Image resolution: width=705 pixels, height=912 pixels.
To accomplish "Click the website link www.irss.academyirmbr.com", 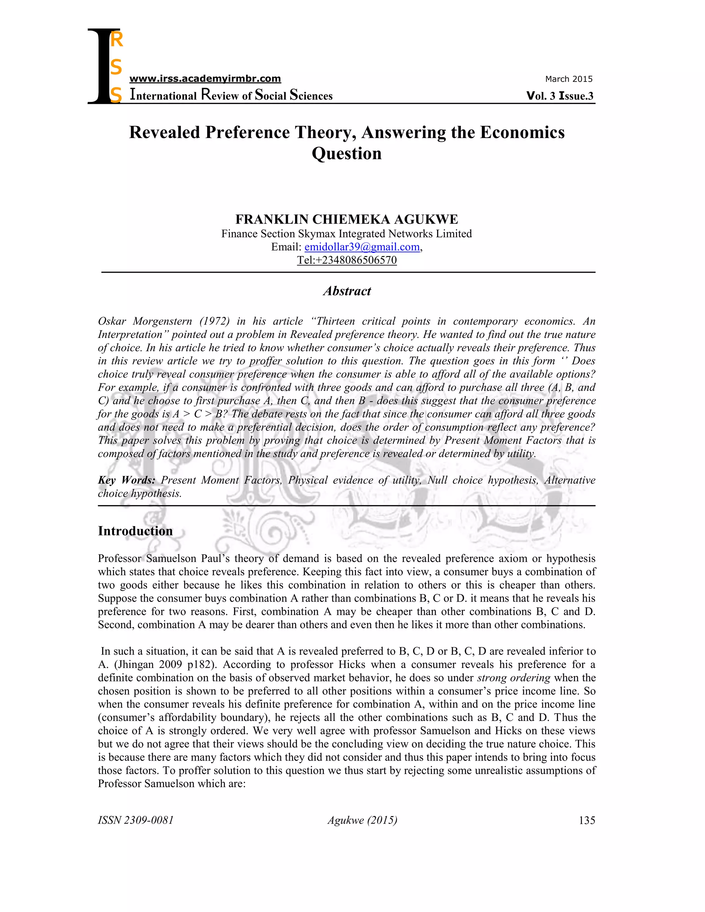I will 205,78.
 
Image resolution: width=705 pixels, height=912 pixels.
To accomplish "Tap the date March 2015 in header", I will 568,79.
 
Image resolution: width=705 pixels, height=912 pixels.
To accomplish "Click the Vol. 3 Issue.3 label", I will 560,96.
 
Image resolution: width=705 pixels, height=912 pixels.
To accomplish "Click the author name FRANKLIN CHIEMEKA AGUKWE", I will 347,219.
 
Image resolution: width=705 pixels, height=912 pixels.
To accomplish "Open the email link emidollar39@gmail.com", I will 362,247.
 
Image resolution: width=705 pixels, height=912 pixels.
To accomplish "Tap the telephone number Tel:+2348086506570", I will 347,260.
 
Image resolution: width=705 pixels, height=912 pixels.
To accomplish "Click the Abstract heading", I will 347,291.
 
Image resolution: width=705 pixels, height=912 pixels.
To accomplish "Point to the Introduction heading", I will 135,531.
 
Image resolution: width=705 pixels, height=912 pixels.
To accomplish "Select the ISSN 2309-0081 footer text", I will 136,820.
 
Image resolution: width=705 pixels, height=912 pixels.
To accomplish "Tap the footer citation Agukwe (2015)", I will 362,820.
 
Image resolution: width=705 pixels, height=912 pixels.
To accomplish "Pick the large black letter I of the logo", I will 99,67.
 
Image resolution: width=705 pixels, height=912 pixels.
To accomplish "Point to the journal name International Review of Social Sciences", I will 231,95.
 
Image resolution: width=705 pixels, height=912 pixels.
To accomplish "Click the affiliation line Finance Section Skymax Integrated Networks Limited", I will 347,234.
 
